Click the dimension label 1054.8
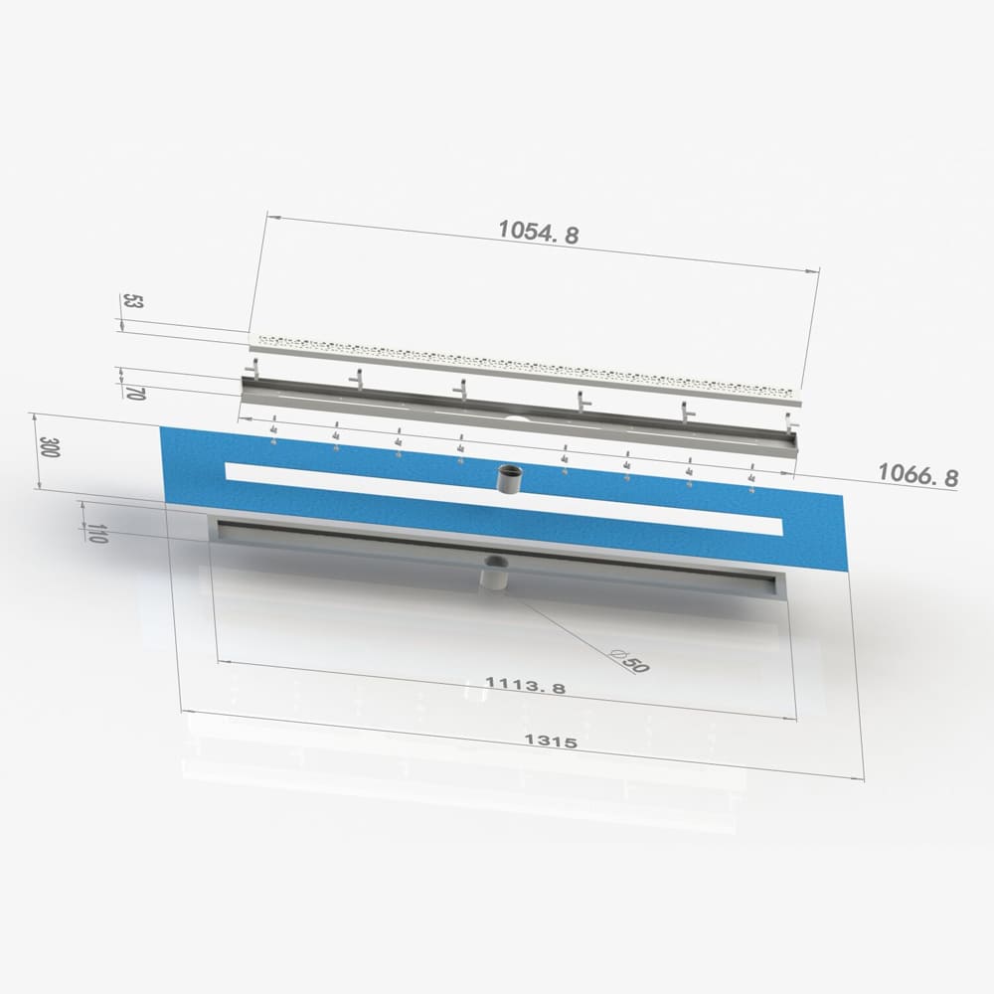[538, 232]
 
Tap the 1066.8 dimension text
[917, 474]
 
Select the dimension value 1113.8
[525, 685]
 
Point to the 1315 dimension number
[551, 741]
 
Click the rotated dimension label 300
[49, 447]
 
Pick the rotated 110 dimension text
[95, 533]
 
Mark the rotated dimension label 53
[133, 300]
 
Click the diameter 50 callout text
[629, 661]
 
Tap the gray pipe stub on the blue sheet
[508, 479]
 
